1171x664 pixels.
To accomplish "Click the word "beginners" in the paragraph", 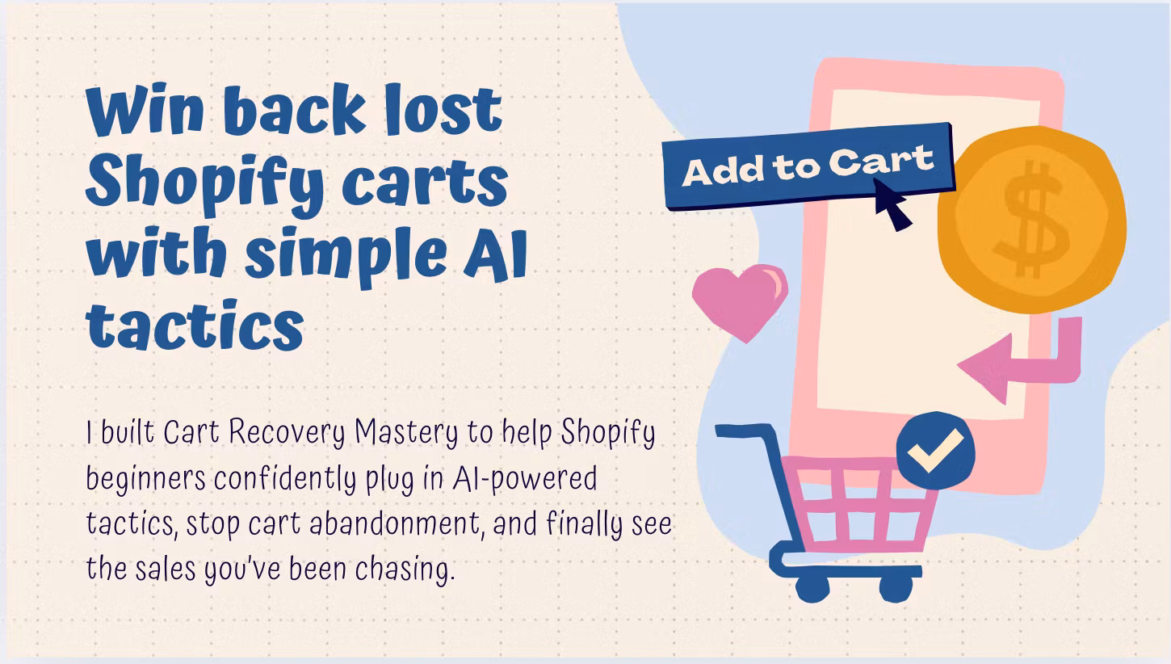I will point(145,478).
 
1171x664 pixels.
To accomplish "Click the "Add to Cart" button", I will point(808,166).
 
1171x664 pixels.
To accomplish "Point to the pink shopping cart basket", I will point(860,501).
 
